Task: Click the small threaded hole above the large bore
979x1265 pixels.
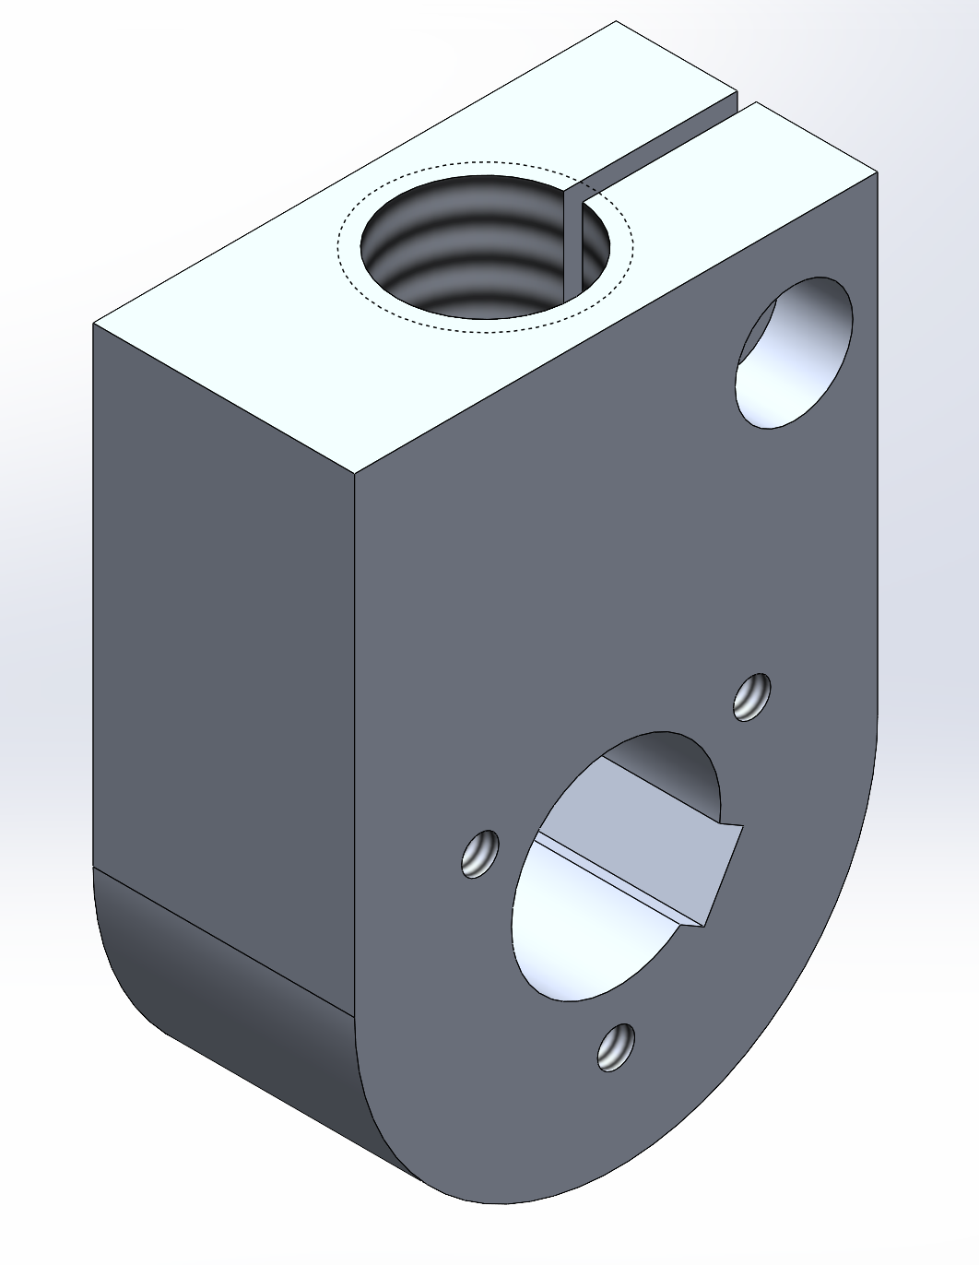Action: click(752, 697)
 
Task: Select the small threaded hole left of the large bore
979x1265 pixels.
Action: click(480, 854)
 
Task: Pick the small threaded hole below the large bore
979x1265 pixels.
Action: click(616, 1047)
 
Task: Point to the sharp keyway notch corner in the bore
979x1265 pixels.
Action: click(702, 924)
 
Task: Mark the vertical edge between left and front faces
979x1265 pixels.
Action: click(355, 738)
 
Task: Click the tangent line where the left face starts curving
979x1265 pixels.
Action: click(221, 940)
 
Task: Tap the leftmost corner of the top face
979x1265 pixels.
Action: click(94, 324)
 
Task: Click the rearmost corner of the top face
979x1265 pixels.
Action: click(616, 22)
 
